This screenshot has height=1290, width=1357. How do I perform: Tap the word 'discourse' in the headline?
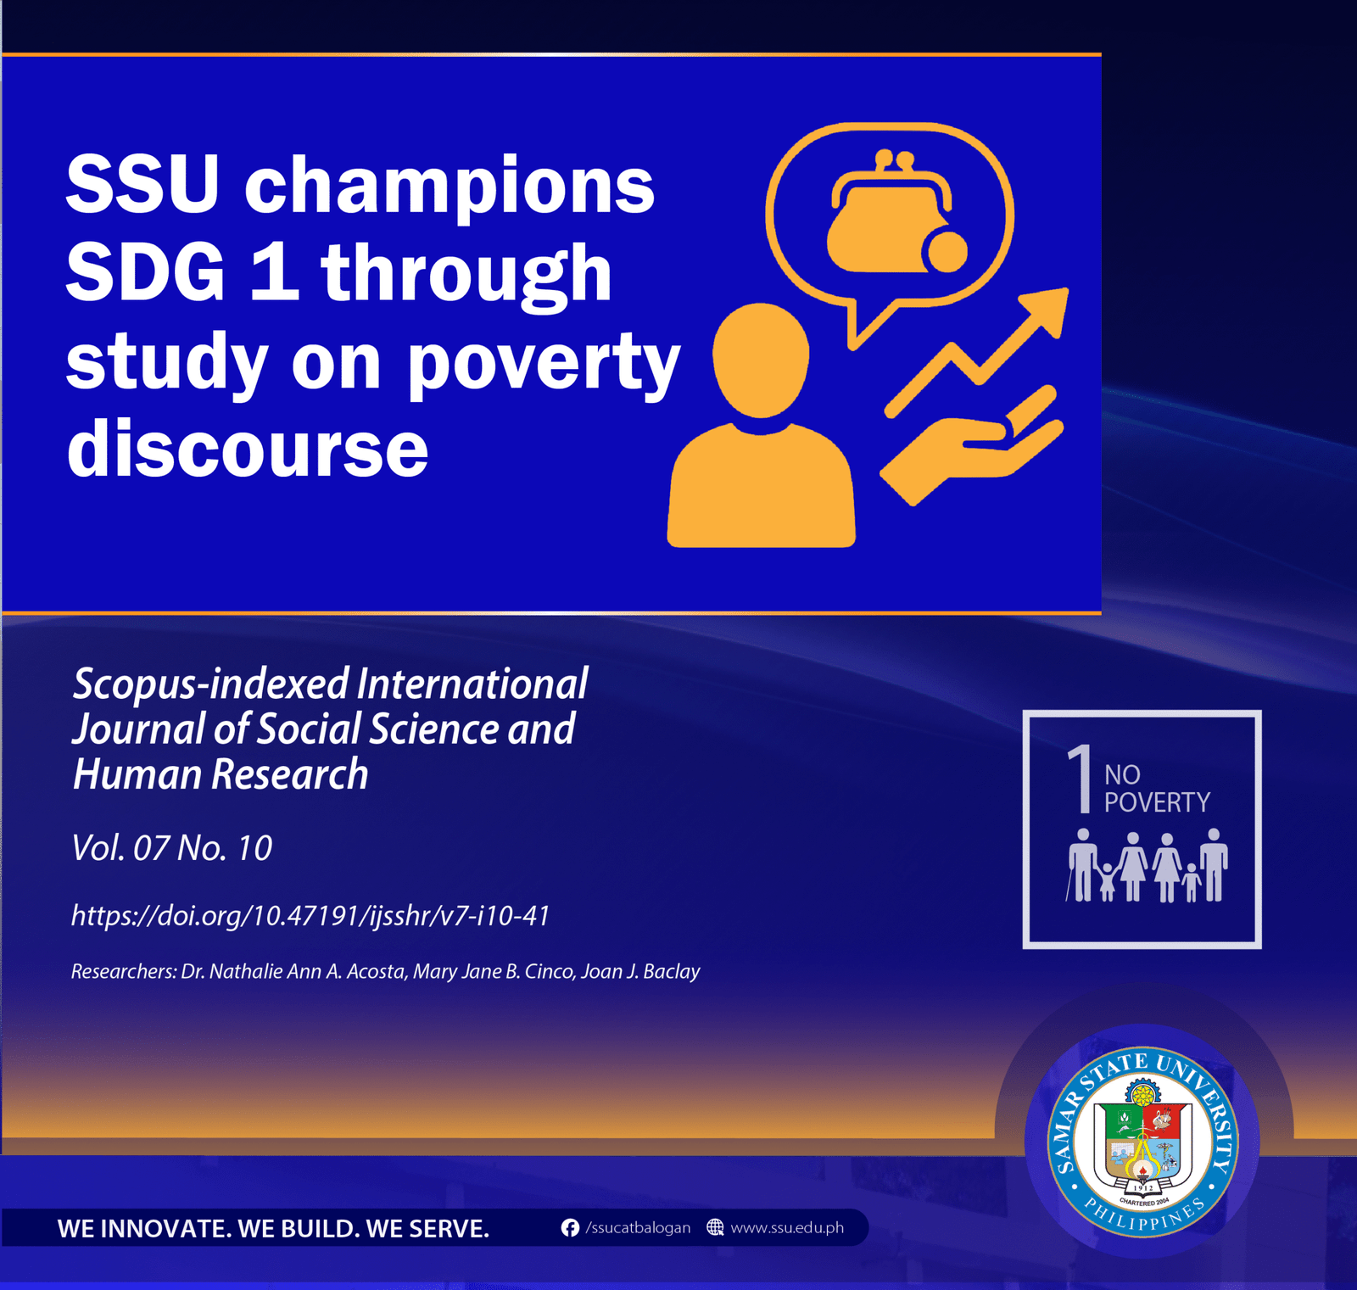(x=248, y=448)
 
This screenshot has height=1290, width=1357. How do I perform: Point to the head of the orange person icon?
(x=761, y=360)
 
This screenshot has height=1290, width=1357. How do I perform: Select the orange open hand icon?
(x=971, y=445)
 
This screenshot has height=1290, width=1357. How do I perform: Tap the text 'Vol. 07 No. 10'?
(x=171, y=848)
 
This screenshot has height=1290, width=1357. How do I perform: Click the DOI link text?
(x=310, y=916)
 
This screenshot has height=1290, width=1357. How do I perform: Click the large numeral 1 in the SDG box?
(x=1080, y=779)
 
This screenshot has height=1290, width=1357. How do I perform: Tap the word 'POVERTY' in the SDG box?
(x=1157, y=802)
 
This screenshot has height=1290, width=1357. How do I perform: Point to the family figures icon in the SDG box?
(x=1147, y=865)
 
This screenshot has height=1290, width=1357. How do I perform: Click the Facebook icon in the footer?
(x=570, y=1228)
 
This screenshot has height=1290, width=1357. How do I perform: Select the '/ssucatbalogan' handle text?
(x=638, y=1228)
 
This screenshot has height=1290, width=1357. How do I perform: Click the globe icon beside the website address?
(x=715, y=1227)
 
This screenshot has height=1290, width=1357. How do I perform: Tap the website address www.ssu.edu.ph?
(x=787, y=1228)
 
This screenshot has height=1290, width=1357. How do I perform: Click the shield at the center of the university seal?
(x=1143, y=1145)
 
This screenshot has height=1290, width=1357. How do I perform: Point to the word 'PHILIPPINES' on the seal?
(x=1144, y=1214)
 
